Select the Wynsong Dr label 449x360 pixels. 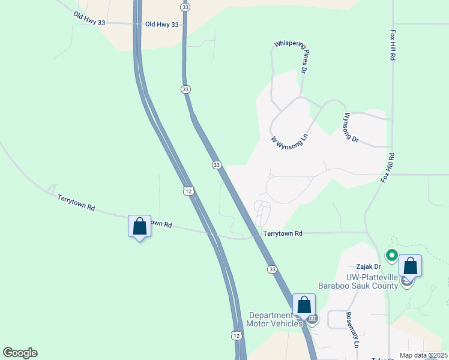click(x=351, y=127)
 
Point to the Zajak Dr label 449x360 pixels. click(x=369, y=266)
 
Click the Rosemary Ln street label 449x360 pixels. click(x=352, y=330)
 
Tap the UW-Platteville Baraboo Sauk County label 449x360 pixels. click(x=372, y=281)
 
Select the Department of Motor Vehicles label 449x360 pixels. click(x=276, y=319)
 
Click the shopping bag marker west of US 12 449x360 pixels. click(x=139, y=227)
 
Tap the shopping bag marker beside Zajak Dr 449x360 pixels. click(x=410, y=265)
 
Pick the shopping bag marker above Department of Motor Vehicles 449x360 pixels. click(x=304, y=305)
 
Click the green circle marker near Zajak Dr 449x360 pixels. click(x=391, y=256)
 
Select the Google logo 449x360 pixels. click(x=20, y=353)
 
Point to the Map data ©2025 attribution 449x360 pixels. click(x=423, y=355)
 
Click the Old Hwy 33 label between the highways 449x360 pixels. click(x=162, y=25)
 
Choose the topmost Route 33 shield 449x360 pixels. click(x=185, y=6)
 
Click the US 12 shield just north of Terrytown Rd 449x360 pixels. click(x=188, y=191)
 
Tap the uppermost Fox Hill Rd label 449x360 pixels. click(x=393, y=45)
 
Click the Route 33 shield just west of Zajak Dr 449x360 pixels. click(x=272, y=270)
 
